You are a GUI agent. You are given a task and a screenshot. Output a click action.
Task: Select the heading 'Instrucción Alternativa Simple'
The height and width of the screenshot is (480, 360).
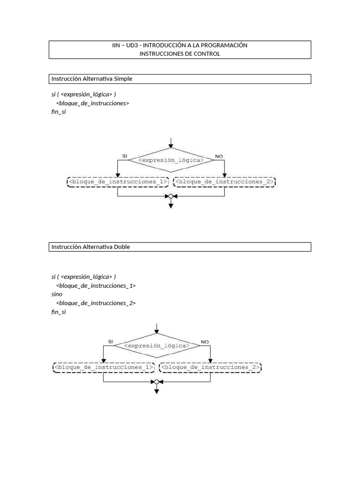coord(92,79)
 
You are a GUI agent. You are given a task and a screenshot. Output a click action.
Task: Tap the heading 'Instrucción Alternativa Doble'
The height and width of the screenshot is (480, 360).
coord(90,247)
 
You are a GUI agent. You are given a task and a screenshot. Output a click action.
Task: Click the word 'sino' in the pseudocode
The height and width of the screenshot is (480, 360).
coord(57,294)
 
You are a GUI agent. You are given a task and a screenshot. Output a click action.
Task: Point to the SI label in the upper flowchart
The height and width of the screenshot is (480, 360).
coord(125,156)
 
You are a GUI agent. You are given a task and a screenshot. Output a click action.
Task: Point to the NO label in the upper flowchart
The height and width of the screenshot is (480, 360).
coord(219,157)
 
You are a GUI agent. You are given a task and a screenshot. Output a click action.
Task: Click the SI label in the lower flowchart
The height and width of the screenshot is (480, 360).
coord(111,342)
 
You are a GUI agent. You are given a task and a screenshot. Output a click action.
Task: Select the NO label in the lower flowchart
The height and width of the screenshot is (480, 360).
coord(205,342)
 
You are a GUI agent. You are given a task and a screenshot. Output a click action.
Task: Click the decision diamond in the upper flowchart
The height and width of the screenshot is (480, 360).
coord(171,160)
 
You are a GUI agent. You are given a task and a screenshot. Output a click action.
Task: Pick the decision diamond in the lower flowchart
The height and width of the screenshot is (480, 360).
coord(157,345)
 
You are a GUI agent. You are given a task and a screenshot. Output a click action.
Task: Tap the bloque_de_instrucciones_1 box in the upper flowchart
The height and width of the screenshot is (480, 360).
coord(118,182)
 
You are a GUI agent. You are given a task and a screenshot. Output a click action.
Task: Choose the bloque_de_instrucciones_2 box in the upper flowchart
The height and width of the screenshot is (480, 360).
coord(225,182)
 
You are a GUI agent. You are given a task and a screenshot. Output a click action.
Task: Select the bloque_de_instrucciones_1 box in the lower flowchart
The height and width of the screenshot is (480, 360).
coord(104,367)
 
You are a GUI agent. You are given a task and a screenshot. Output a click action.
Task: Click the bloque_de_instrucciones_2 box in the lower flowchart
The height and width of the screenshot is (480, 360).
coord(210,367)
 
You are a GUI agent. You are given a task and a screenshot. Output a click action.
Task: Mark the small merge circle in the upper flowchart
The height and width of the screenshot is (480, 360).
coord(171,196)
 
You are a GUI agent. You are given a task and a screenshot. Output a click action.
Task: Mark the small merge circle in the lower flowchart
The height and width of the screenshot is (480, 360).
coord(157,382)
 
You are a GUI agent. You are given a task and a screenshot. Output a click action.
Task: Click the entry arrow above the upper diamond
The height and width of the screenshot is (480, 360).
coord(171,143)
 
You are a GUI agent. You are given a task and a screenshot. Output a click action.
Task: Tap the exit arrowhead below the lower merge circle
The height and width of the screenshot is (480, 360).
coord(157,391)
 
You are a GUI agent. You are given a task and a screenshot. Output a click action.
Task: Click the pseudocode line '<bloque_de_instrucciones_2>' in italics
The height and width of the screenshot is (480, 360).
coord(96,303)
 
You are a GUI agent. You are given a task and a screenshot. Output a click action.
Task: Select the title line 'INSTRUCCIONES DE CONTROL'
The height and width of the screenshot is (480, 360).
coord(180,54)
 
